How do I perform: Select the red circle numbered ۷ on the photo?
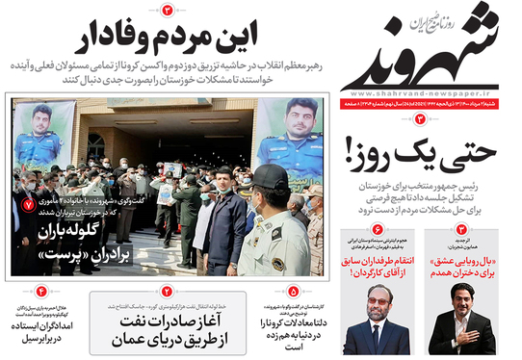(x=27, y=205)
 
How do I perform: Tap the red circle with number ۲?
(x=167, y=290)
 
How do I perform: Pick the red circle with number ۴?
(x=41, y=290)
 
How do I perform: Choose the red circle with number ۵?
(x=290, y=290)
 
